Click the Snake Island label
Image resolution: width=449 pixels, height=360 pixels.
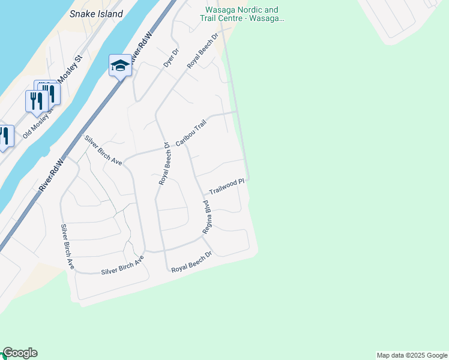(x=96, y=14)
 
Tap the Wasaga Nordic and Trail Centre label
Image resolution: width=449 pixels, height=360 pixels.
(x=242, y=14)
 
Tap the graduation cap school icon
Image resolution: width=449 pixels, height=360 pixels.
(x=119, y=65)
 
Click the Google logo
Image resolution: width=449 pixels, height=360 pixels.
(x=20, y=353)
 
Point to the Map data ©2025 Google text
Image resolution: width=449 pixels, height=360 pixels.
(x=412, y=355)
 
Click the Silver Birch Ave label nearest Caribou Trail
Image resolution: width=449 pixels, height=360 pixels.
(x=103, y=151)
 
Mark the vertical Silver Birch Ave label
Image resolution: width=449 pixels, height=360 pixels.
(x=66, y=247)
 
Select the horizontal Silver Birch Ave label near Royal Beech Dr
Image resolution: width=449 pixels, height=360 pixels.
(x=122, y=265)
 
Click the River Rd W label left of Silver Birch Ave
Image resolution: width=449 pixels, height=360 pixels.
(x=52, y=175)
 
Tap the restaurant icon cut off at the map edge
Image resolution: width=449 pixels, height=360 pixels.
(x=5, y=137)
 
